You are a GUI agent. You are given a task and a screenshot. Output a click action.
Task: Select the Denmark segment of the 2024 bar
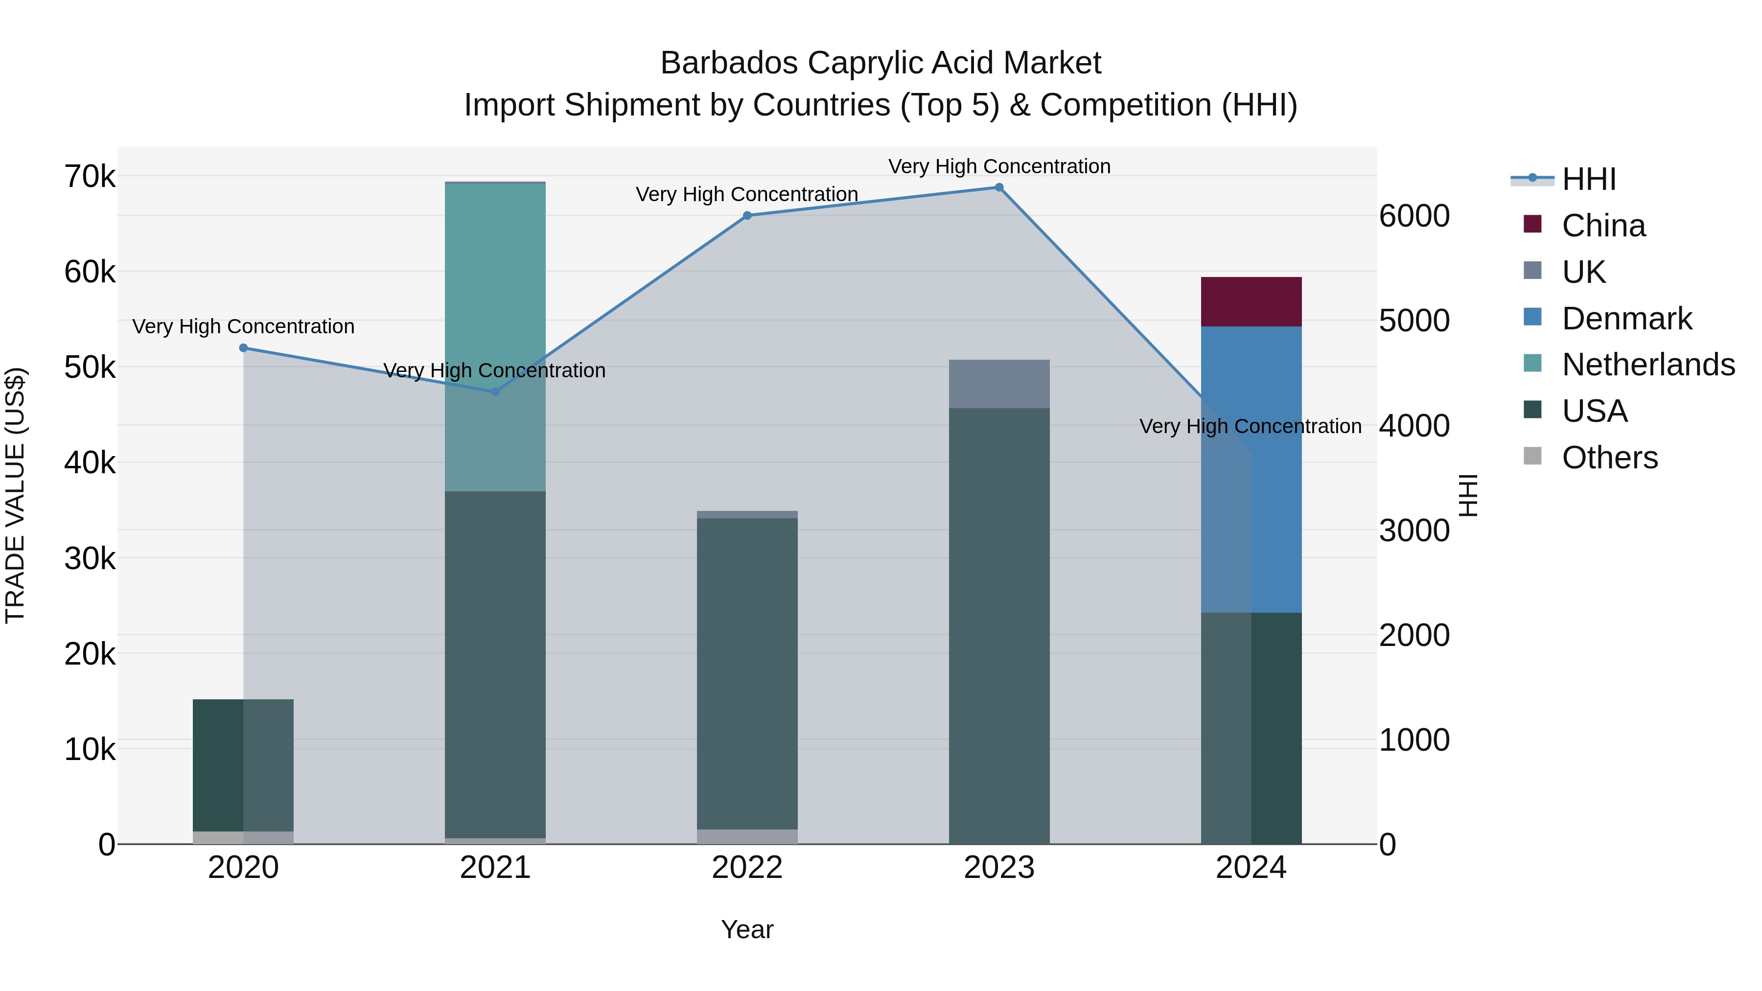click(x=1251, y=469)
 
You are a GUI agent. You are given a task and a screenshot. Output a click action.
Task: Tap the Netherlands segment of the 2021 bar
click(x=495, y=337)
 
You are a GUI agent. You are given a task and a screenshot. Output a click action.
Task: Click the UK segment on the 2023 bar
click(x=998, y=384)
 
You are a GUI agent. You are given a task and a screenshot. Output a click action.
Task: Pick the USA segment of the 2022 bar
click(x=747, y=674)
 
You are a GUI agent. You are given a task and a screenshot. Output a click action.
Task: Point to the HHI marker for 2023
click(x=998, y=187)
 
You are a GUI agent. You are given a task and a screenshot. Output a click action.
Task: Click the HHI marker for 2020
click(x=244, y=348)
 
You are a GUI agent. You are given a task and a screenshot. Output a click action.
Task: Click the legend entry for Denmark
click(x=1626, y=319)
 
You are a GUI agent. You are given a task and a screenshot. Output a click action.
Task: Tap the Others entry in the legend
click(x=1609, y=458)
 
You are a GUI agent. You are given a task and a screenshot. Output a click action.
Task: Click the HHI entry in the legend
click(x=1588, y=179)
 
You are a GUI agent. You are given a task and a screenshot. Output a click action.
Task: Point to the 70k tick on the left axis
click(x=90, y=177)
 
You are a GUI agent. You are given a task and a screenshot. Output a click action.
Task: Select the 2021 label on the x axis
click(x=495, y=868)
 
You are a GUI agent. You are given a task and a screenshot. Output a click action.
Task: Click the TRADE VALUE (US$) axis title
click(x=15, y=495)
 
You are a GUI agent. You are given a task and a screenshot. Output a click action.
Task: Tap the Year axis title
click(x=747, y=929)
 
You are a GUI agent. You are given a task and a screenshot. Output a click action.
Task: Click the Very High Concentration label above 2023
click(x=998, y=166)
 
